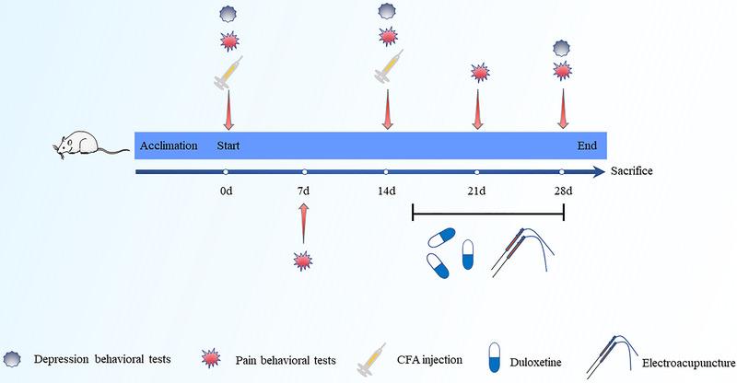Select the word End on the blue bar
point(587,145)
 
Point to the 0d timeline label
point(225,191)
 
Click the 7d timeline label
point(304,191)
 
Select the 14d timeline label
point(385,191)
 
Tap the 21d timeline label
point(476,191)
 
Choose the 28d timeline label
point(562,191)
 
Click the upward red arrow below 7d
point(304,224)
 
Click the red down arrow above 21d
point(477,107)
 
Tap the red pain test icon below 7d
point(303,261)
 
